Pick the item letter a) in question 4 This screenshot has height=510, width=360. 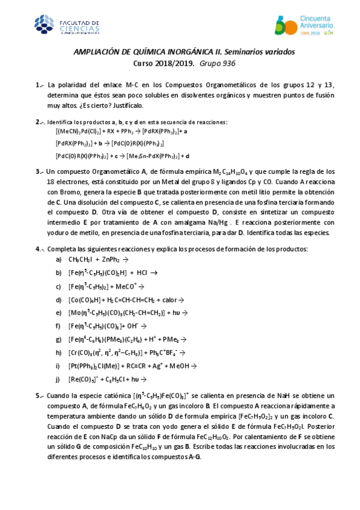[58, 259]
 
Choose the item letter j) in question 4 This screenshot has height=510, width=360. [58, 379]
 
